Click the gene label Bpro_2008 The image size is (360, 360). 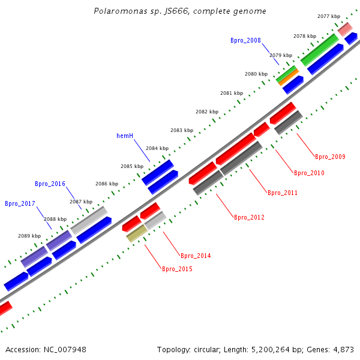pyautogui.click(x=245, y=40)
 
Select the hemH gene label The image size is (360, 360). pyautogui.click(x=125, y=136)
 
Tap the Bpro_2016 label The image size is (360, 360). pyautogui.click(x=50, y=184)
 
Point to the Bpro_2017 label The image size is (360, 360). pyautogui.click(x=20, y=203)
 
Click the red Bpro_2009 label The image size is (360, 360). pyautogui.click(x=330, y=157)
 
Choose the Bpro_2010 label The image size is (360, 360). pyautogui.click(x=309, y=173)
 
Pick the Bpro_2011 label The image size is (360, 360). pyautogui.click(x=282, y=193)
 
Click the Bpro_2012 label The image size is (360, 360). pyautogui.click(x=249, y=217)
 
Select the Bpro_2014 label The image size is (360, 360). pyautogui.click(x=196, y=256)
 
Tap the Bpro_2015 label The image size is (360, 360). pyautogui.click(x=177, y=269)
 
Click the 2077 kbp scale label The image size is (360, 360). pyautogui.click(x=329, y=17)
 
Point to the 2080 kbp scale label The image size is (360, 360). pyautogui.click(x=256, y=74)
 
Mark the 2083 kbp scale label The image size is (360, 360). pyautogui.click(x=182, y=130)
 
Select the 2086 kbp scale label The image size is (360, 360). pyautogui.click(x=107, y=184)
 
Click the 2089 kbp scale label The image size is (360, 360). pyautogui.click(x=29, y=236)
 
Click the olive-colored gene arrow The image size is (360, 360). pyautogui.click(x=136, y=233)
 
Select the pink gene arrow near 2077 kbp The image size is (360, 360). pyautogui.click(x=344, y=28)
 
